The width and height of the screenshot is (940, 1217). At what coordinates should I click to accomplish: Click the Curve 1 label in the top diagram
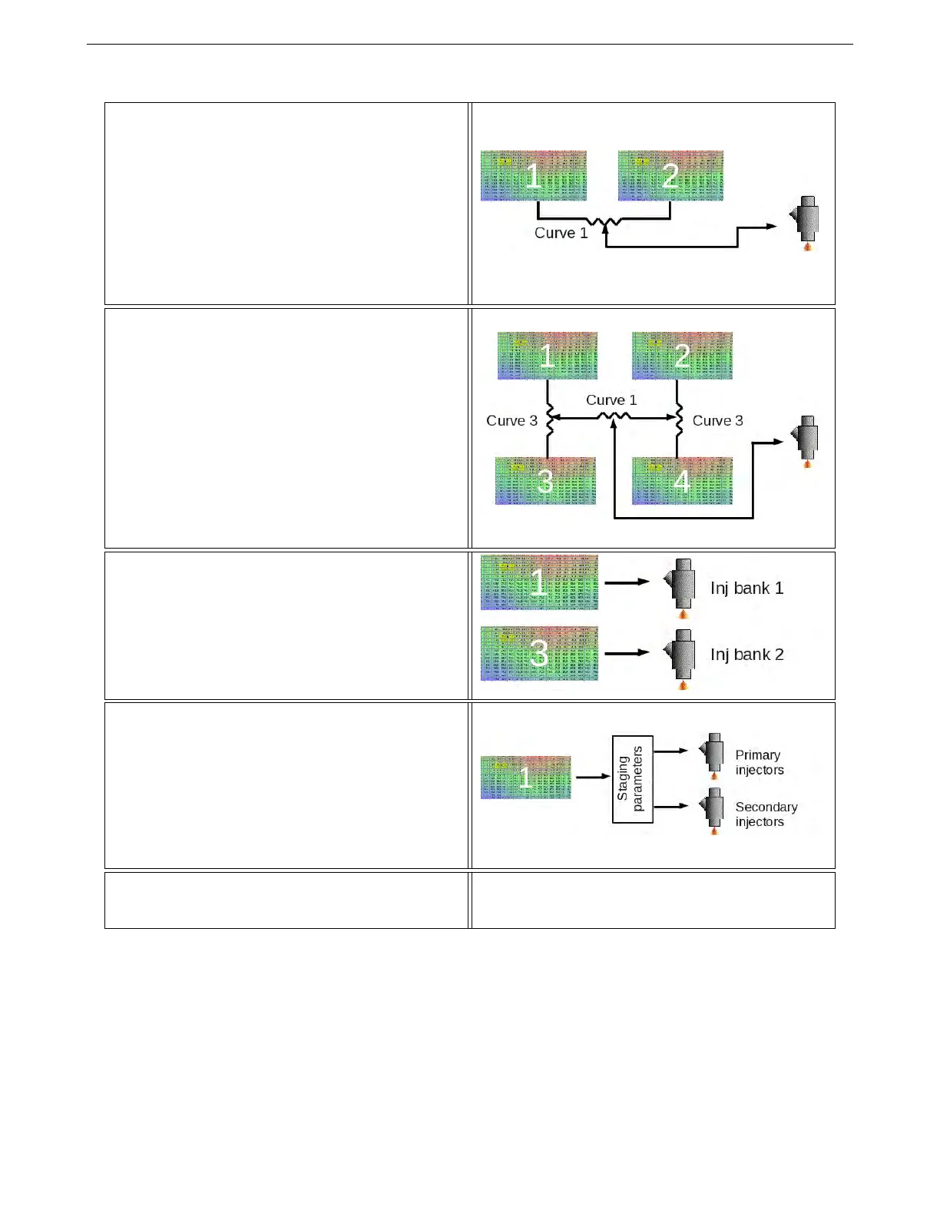click(x=561, y=233)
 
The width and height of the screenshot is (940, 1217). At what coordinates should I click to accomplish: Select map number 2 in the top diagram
click(x=670, y=176)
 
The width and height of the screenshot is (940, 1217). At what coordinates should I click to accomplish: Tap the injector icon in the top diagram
click(x=806, y=223)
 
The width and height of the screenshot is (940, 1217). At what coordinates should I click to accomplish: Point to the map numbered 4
click(x=682, y=481)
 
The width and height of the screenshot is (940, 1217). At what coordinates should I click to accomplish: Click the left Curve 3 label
click(x=511, y=421)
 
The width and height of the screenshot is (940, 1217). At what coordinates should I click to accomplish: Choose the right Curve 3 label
click(x=717, y=421)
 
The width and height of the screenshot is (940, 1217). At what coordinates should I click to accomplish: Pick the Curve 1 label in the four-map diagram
click(x=611, y=400)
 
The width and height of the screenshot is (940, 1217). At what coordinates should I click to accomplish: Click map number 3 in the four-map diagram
click(x=545, y=481)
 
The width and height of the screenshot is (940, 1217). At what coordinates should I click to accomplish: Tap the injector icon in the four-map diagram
click(x=806, y=441)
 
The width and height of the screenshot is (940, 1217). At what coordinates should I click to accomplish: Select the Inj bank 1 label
click(x=746, y=589)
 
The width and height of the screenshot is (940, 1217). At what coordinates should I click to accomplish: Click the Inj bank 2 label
click(x=746, y=655)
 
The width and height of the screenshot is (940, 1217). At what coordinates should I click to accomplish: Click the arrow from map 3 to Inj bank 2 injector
click(x=627, y=653)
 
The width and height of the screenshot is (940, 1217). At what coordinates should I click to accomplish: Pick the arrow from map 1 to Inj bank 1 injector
click(x=627, y=582)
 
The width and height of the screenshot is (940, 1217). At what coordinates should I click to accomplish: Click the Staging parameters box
click(x=632, y=779)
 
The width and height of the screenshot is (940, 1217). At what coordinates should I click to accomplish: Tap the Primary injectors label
click(x=759, y=762)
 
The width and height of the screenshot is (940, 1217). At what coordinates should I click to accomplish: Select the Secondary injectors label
click(x=766, y=814)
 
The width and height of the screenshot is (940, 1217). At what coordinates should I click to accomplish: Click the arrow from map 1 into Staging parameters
click(x=592, y=777)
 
